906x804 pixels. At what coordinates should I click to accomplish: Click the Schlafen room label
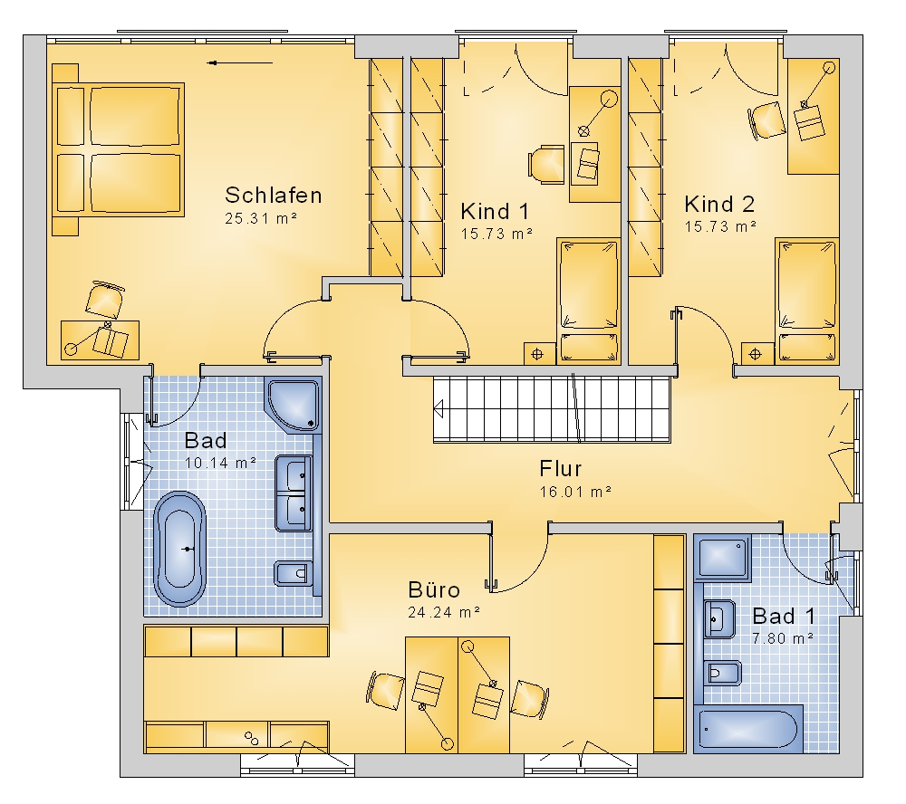[x=274, y=196]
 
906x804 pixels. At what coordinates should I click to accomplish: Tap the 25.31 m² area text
[x=261, y=219]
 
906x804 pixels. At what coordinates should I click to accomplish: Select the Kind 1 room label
[x=495, y=211]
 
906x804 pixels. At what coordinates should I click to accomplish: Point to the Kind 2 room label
[x=719, y=204]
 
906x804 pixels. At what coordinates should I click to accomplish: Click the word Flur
[x=561, y=468]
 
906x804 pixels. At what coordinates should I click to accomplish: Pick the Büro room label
[x=434, y=589]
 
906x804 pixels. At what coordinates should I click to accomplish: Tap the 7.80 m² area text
[x=783, y=638]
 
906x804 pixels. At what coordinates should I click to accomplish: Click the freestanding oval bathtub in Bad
[x=179, y=549]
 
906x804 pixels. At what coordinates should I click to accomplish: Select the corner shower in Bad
[x=294, y=405]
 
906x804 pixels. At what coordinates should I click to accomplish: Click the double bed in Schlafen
[x=119, y=149]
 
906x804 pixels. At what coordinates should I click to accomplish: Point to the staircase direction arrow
[x=438, y=409]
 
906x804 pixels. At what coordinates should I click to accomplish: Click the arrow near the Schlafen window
[x=239, y=63]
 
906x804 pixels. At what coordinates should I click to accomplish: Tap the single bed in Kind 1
[x=588, y=301]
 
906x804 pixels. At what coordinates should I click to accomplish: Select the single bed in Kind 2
[x=806, y=301]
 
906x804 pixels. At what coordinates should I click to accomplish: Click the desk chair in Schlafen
[x=104, y=300]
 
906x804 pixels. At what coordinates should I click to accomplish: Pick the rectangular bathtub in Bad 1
[x=748, y=729]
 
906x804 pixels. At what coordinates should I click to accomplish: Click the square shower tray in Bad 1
[x=723, y=558]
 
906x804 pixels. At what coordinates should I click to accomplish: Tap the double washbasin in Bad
[x=294, y=493]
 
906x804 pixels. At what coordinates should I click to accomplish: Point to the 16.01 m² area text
[x=575, y=493]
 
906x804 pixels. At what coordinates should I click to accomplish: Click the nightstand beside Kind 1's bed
[x=537, y=353]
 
